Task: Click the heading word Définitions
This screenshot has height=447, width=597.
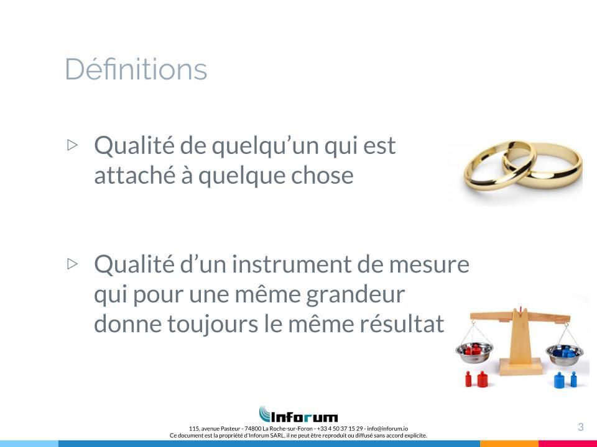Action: pyautogui.click(x=136, y=69)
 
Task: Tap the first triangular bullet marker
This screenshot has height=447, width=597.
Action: pyautogui.click(x=72, y=145)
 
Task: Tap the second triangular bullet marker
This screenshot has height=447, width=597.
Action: pyautogui.click(x=72, y=263)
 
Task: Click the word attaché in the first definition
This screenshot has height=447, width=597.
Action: pyautogui.click(x=137, y=175)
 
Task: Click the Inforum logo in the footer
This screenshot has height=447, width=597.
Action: pyautogui.click(x=298, y=414)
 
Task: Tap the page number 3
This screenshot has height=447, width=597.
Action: pyautogui.click(x=581, y=427)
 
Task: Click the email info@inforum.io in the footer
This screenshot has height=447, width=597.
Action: pyautogui.click(x=387, y=428)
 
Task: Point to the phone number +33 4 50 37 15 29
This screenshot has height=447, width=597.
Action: pyautogui.click(x=340, y=428)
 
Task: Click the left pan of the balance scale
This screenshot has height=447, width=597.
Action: pyautogui.click(x=474, y=353)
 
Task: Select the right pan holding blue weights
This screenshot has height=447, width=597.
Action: pyautogui.click(x=565, y=354)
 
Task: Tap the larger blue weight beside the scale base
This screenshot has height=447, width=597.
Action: pyautogui.click(x=559, y=380)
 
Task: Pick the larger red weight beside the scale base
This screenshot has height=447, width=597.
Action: pyautogui.click(x=483, y=379)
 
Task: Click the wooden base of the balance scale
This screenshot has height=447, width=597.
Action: pyautogui.click(x=521, y=366)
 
